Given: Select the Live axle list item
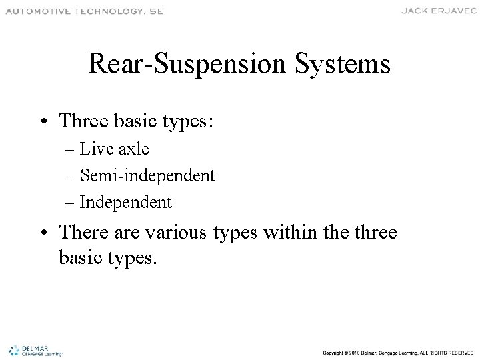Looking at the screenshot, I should click(x=114, y=149).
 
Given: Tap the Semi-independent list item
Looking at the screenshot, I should click(x=147, y=175).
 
